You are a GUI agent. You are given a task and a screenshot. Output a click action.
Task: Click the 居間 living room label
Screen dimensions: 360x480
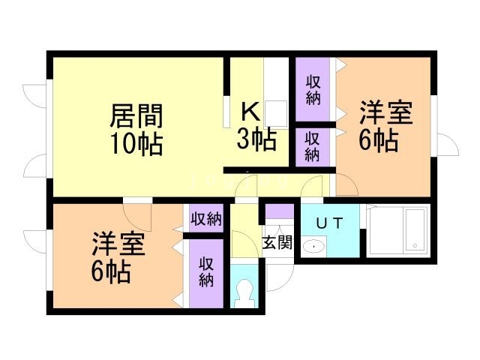pos(136,116)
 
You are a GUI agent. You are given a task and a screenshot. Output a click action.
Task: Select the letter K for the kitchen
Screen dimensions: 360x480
pos(250,112)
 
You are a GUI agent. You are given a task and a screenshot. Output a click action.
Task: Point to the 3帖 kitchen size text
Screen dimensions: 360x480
pos(256,138)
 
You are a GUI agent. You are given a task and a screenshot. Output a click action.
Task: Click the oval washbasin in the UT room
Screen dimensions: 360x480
pos(313,245)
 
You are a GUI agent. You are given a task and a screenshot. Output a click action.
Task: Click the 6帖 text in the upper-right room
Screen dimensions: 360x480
pos(378,140)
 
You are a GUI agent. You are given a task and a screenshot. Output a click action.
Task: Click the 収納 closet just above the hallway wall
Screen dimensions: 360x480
pos(313,147)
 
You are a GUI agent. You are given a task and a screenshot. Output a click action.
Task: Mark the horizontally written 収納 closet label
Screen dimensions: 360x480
pos(205,219)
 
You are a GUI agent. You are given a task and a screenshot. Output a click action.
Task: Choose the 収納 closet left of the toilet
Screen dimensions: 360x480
pos(205,271)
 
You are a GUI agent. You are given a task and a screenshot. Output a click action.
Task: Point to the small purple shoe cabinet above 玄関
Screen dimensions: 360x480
pos(278,211)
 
